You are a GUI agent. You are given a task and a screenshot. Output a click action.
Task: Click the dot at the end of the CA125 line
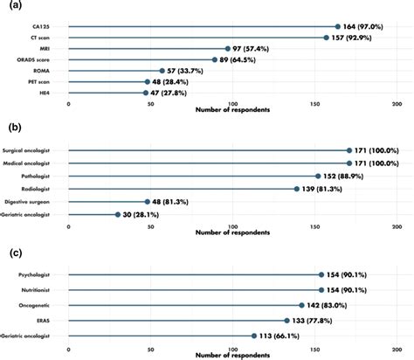click(x=338, y=27)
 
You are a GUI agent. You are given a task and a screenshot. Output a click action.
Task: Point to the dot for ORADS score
click(x=215, y=59)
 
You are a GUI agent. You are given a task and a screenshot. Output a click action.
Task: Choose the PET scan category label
click(x=50, y=81)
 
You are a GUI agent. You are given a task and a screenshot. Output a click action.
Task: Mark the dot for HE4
click(x=146, y=92)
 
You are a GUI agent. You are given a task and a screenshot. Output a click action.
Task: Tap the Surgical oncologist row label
click(x=38, y=151)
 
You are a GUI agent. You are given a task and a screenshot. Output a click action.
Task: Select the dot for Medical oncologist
click(x=349, y=163)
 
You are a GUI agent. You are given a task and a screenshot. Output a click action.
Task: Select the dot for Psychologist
click(x=321, y=274)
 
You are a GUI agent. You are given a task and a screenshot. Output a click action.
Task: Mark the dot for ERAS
click(x=286, y=320)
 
